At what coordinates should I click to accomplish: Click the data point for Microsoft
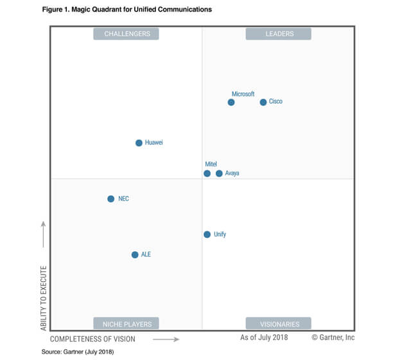[x=231, y=102]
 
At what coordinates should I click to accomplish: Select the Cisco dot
[x=263, y=102]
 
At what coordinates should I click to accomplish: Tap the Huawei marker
[x=139, y=143]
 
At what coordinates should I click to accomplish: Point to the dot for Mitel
[x=207, y=174]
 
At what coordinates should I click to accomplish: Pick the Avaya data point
[x=219, y=174]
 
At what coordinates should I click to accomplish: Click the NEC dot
[x=110, y=199]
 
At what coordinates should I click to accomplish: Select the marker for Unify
[x=207, y=235]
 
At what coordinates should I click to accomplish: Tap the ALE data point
[x=135, y=255]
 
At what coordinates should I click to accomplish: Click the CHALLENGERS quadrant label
[x=127, y=34]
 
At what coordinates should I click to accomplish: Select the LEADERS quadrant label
[x=279, y=34]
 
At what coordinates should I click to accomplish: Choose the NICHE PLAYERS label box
[x=127, y=323]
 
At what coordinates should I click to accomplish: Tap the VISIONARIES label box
[x=279, y=323]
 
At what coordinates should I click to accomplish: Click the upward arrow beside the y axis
[x=44, y=234]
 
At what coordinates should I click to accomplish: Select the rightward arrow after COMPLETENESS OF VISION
[x=166, y=338]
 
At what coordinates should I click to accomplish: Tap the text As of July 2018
[x=264, y=337]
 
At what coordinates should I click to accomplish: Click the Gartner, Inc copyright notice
[x=333, y=337]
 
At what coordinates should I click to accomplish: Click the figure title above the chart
[x=127, y=10]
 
